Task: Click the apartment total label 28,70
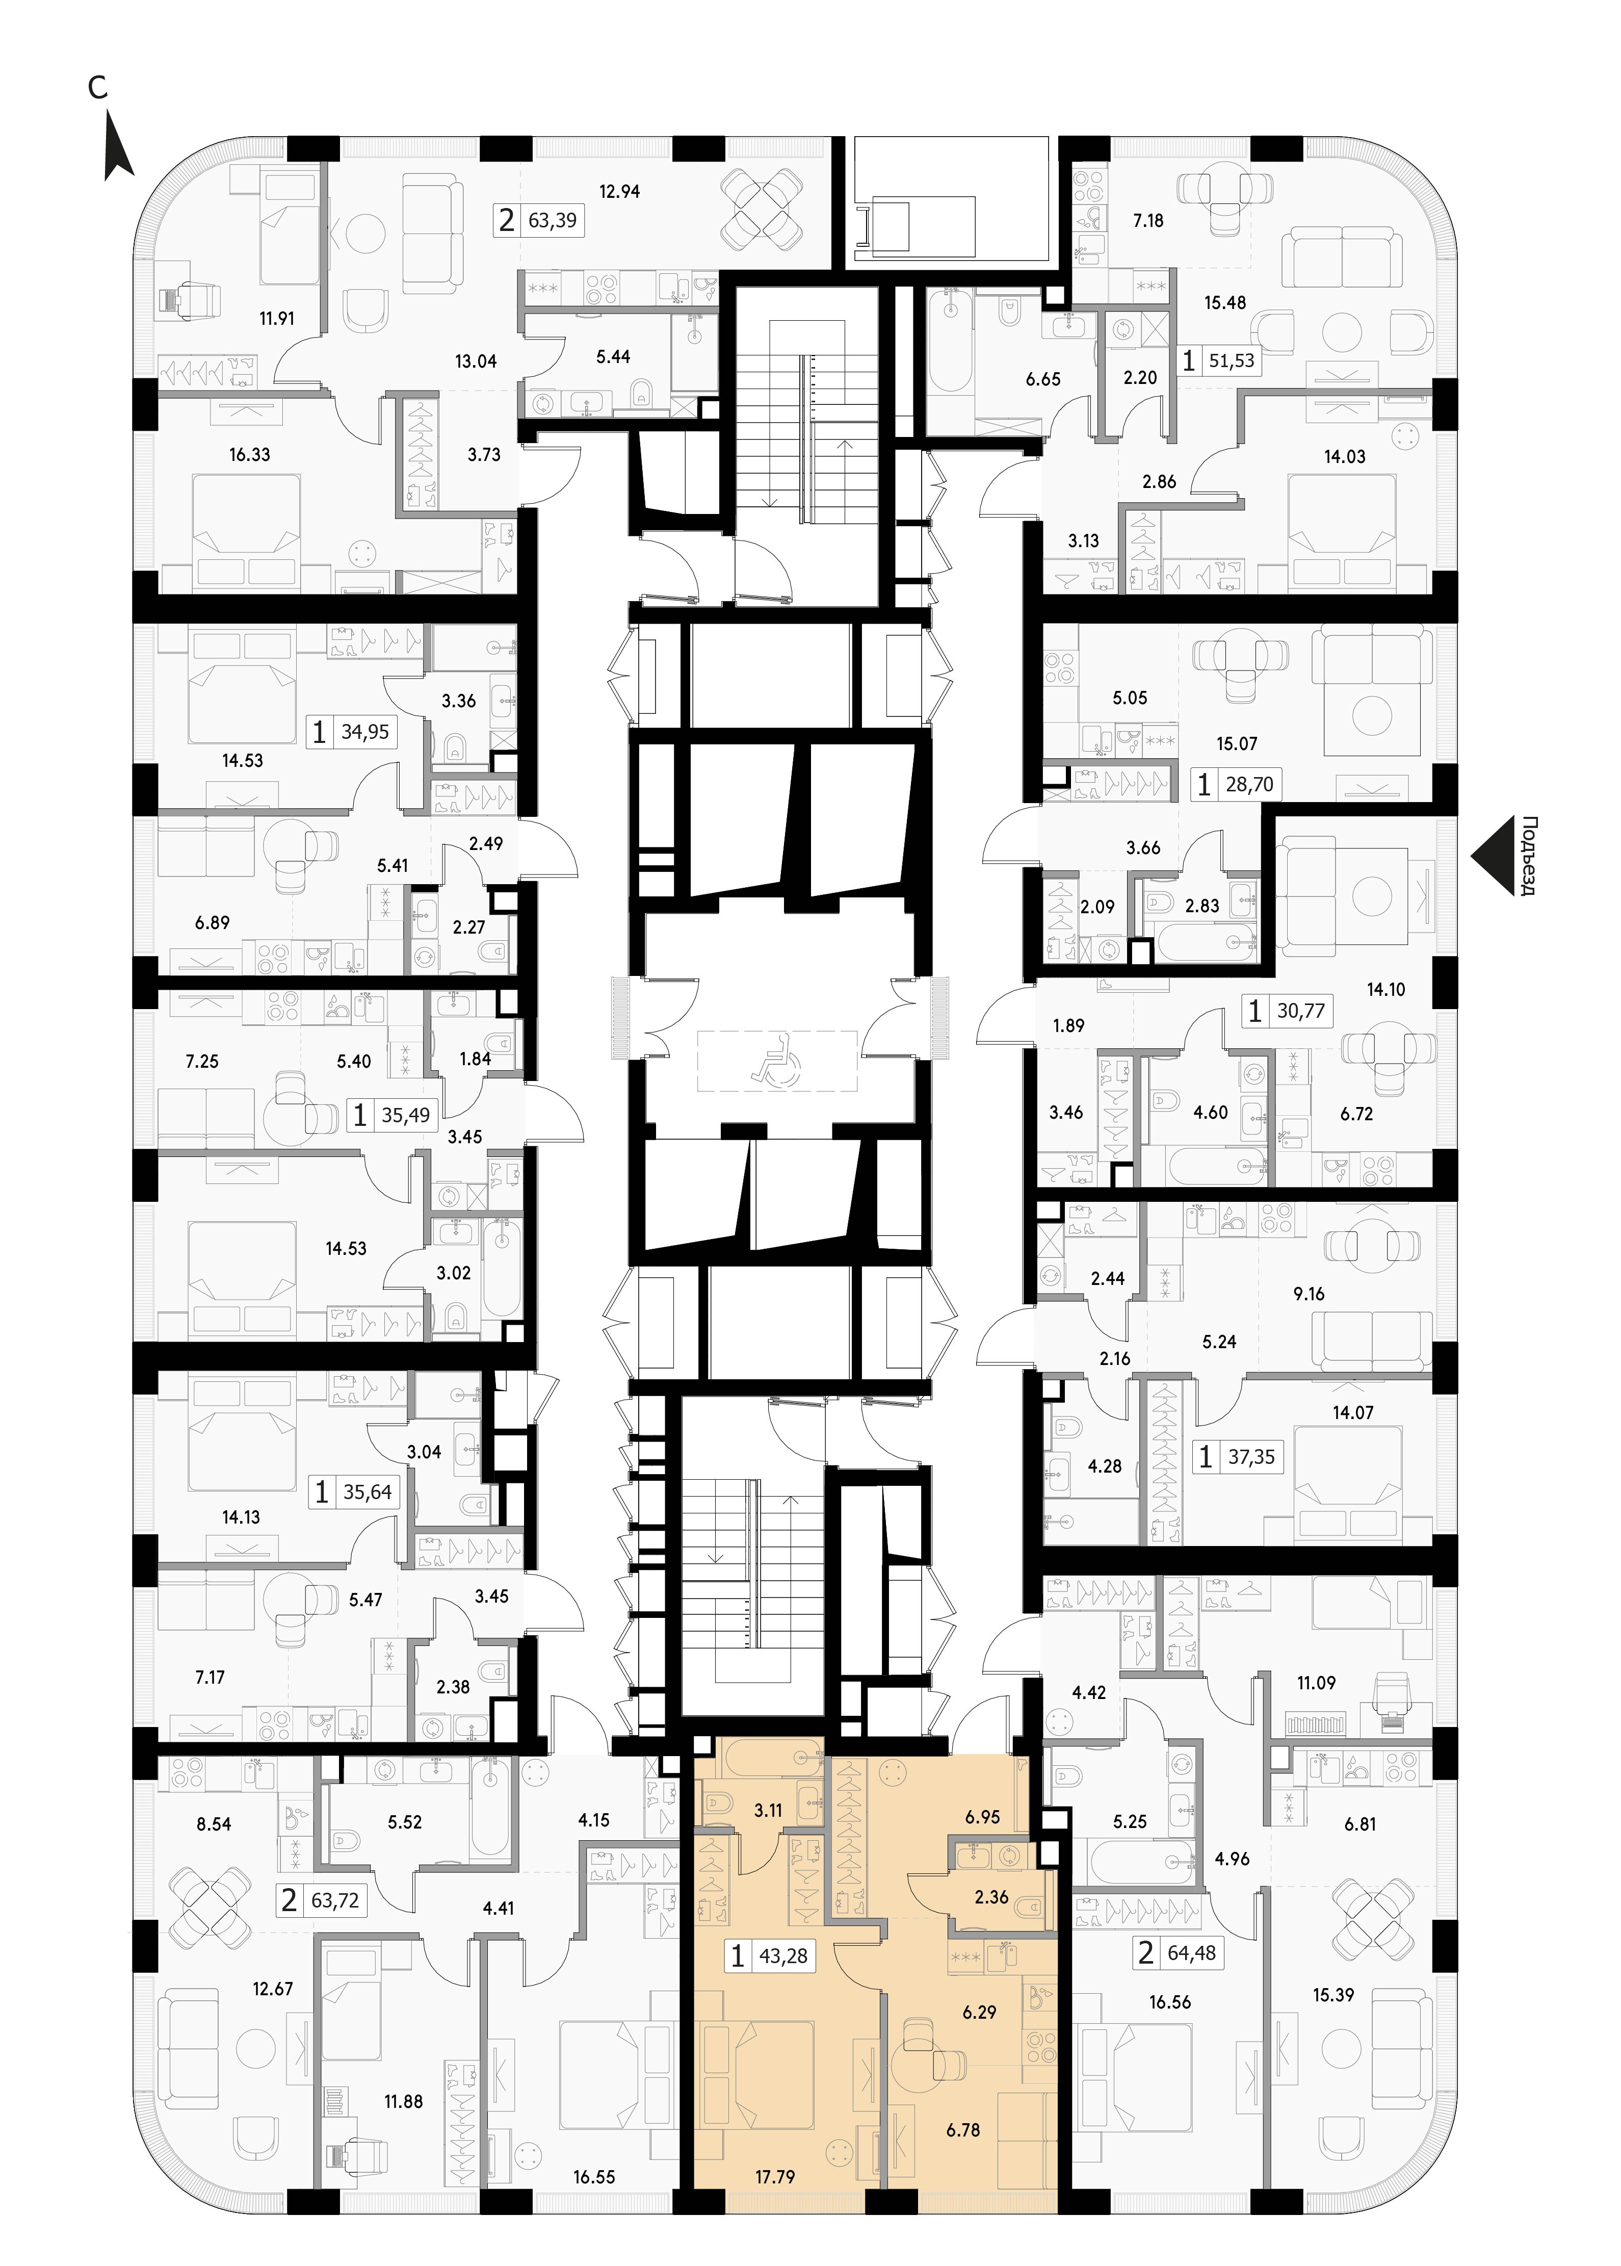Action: point(1250,785)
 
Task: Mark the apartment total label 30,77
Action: point(1300,1011)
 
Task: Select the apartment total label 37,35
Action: point(1251,1457)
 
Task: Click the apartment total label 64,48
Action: point(1192,1952)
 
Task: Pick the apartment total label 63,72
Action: point(334,1900)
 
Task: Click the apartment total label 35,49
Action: point(405,1115)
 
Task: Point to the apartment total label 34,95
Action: point(365,732)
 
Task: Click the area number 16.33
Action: point(250,454)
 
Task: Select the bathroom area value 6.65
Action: point(1043,379)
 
